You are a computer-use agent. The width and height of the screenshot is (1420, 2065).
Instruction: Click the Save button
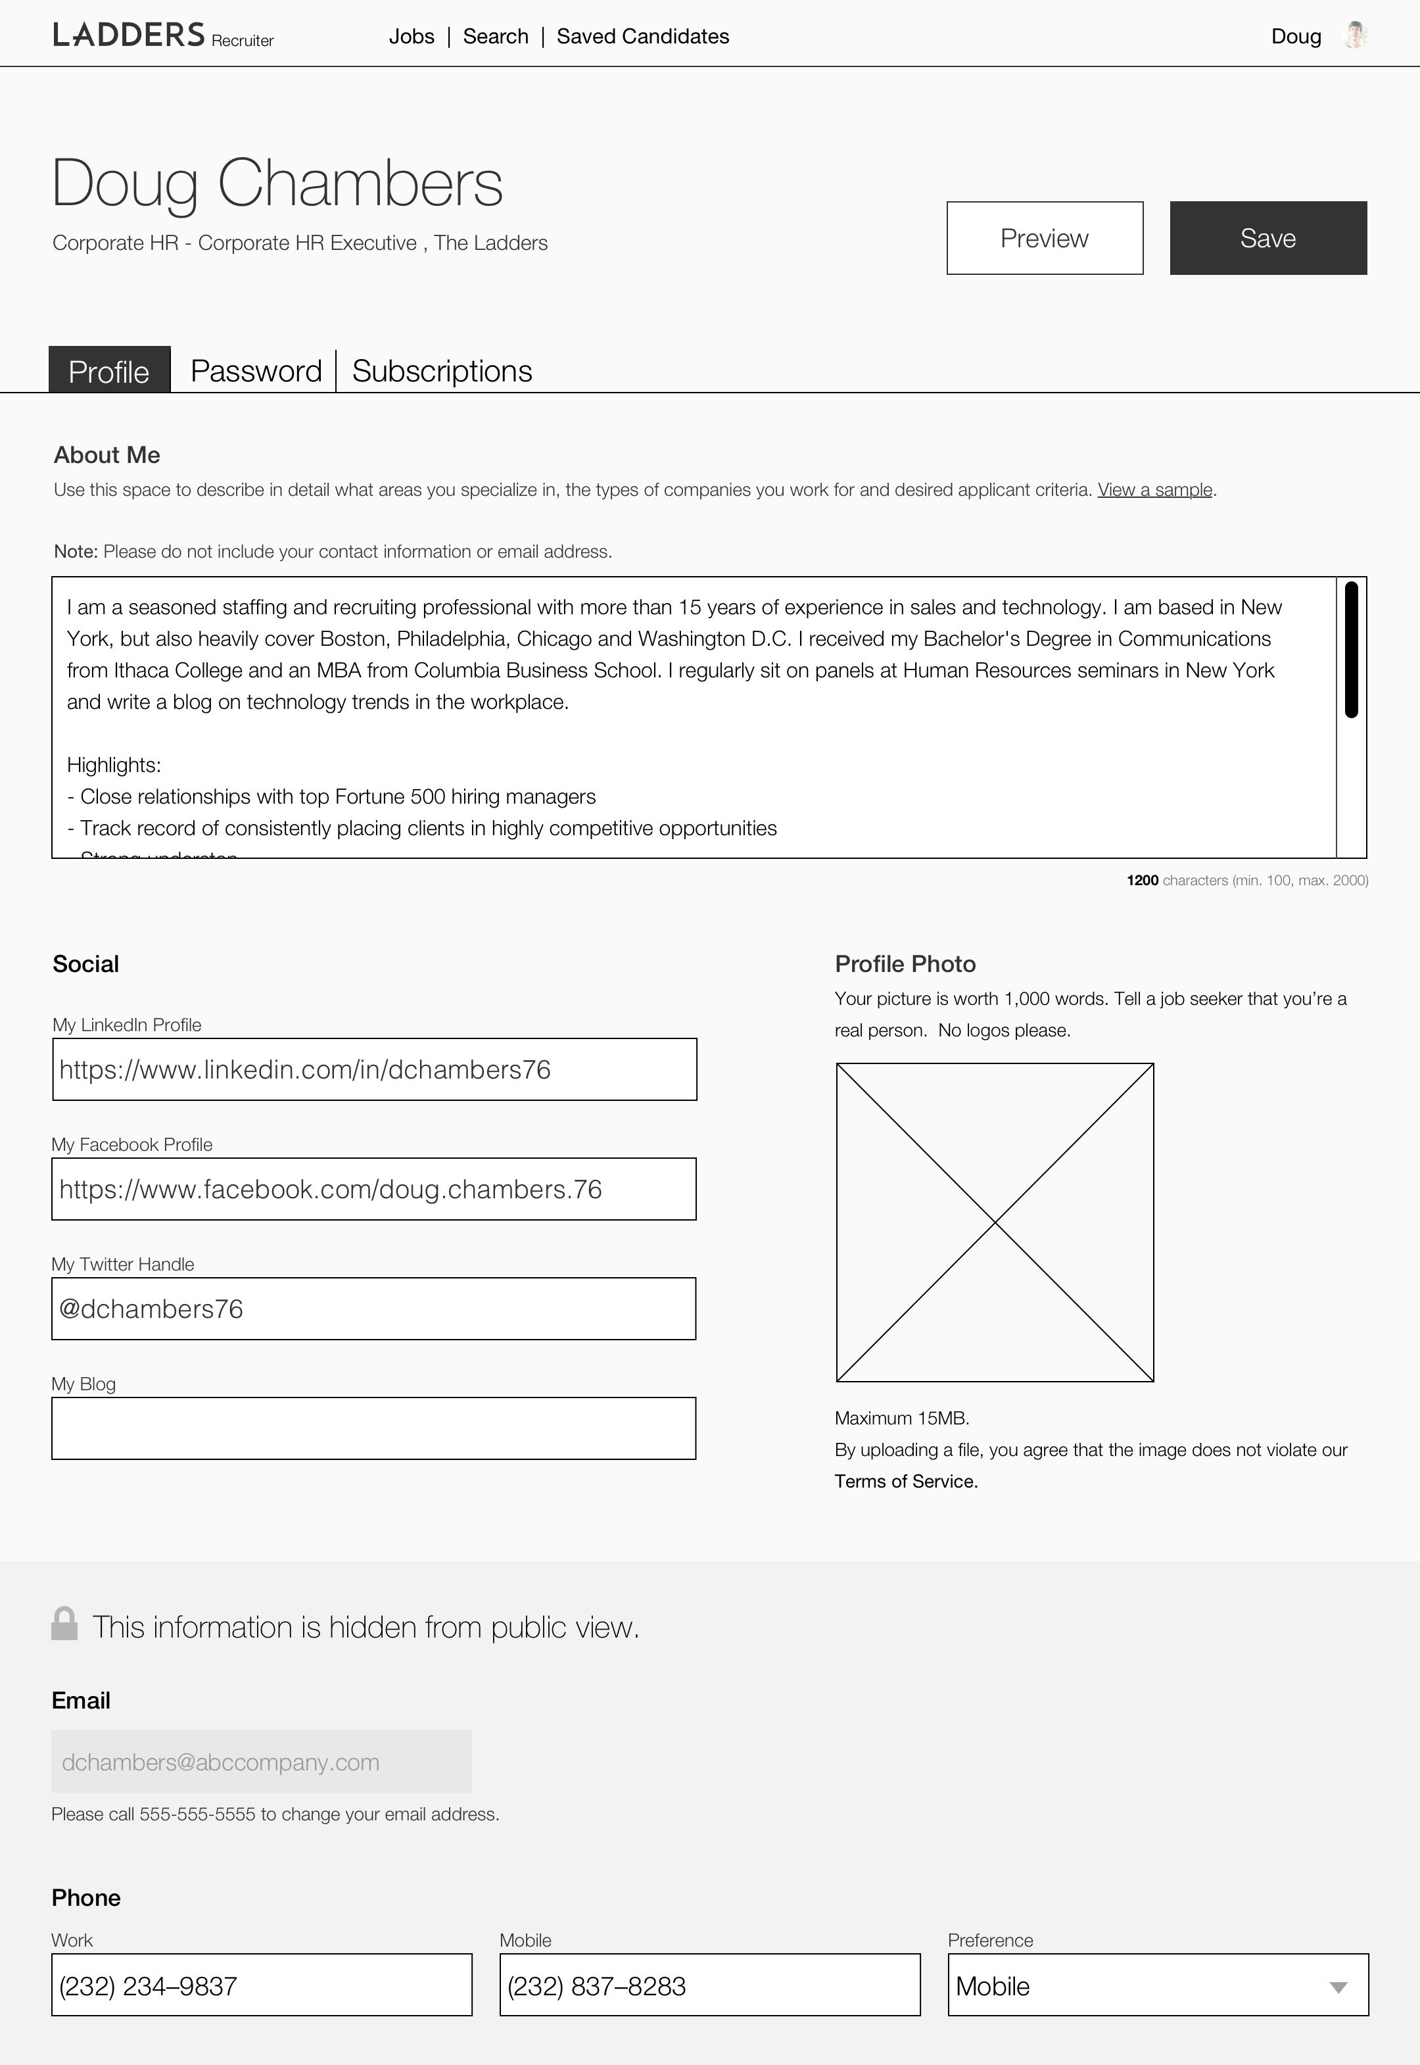[x=1268, y=239]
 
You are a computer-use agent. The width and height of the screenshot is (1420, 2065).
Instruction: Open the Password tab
[x=256, y=371]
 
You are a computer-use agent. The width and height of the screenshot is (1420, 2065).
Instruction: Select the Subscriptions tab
[x=442, y=371]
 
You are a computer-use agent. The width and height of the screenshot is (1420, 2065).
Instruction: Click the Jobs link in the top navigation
[x=412, y=36]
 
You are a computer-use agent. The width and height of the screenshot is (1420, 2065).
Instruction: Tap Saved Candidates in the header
[x=642, y=36]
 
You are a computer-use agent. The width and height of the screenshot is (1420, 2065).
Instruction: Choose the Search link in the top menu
[x=496, y=36]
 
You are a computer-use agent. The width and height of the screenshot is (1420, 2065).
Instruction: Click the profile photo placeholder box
[x=995, y=1222]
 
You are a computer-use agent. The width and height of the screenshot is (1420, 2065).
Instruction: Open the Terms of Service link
[x=906, y=1482]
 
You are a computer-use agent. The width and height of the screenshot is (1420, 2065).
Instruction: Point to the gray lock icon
[x=64, y=1624]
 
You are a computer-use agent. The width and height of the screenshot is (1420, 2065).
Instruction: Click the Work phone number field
[x=262, y=1986]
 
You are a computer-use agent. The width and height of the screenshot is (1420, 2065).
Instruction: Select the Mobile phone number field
[x=710, y=1986]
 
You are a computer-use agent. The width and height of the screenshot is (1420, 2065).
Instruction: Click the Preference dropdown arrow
[x=1338, y=1987]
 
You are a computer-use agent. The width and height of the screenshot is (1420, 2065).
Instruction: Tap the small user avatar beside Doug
[x=1355, y=36]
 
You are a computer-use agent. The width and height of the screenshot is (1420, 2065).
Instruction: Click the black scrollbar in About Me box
[x=1350, y=649]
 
